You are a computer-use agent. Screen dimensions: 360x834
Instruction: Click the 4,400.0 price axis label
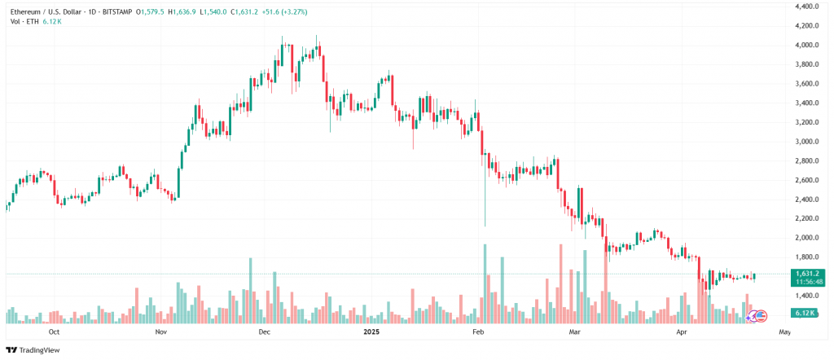(806, 6)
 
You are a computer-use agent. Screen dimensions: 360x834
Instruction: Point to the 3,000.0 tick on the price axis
(806, 142)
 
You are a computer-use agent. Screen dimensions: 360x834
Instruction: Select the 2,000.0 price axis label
(806, 238)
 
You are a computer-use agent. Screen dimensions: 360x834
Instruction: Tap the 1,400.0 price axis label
(806, 296)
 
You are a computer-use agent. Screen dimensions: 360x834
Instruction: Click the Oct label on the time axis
(54, 332)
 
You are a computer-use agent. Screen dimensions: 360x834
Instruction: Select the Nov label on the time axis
(160, 332)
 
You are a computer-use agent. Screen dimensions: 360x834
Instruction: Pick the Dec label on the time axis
(263, 332)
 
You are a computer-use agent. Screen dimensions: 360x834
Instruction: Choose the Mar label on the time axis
(575, 332)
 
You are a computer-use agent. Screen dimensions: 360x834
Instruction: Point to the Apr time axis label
(681, 332)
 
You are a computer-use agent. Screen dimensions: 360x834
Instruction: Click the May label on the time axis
(784, 332)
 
